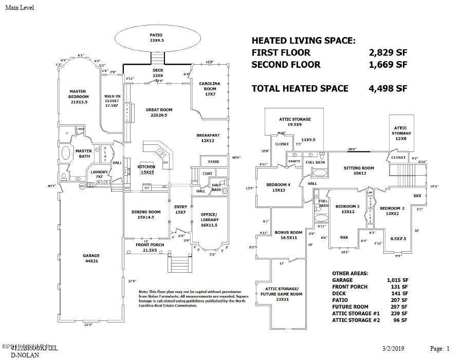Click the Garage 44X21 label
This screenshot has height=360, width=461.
click(91, 258)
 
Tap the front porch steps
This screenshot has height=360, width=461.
click(179, 264)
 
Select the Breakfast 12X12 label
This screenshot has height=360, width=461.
click(208, 138)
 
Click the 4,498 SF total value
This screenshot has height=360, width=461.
click(388, 88)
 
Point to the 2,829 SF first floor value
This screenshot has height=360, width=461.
click(388, 52)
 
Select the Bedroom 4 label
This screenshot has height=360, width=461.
click(279, 187)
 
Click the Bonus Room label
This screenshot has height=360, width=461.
click(288, 235)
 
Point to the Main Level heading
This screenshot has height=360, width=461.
click(20, 8)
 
